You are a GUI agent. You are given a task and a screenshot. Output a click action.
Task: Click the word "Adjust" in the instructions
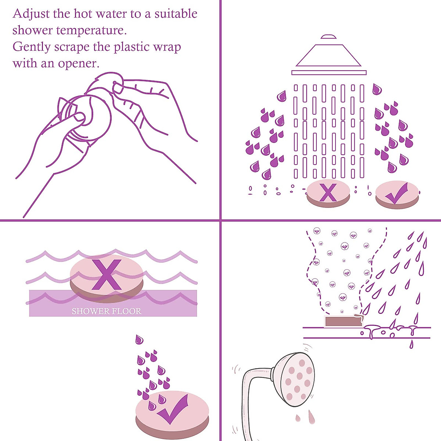31,14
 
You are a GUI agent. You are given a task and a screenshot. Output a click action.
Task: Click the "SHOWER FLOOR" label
107,311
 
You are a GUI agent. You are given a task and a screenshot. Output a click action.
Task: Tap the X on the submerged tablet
107,274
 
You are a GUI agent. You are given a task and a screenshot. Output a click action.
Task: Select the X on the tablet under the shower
328,193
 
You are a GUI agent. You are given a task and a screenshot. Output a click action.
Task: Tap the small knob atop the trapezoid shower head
329,36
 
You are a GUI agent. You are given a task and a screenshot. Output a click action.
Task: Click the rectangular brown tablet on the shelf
343,321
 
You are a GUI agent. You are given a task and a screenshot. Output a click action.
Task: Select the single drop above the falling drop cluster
139,339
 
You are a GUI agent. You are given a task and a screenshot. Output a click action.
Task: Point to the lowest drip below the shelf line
411,344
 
